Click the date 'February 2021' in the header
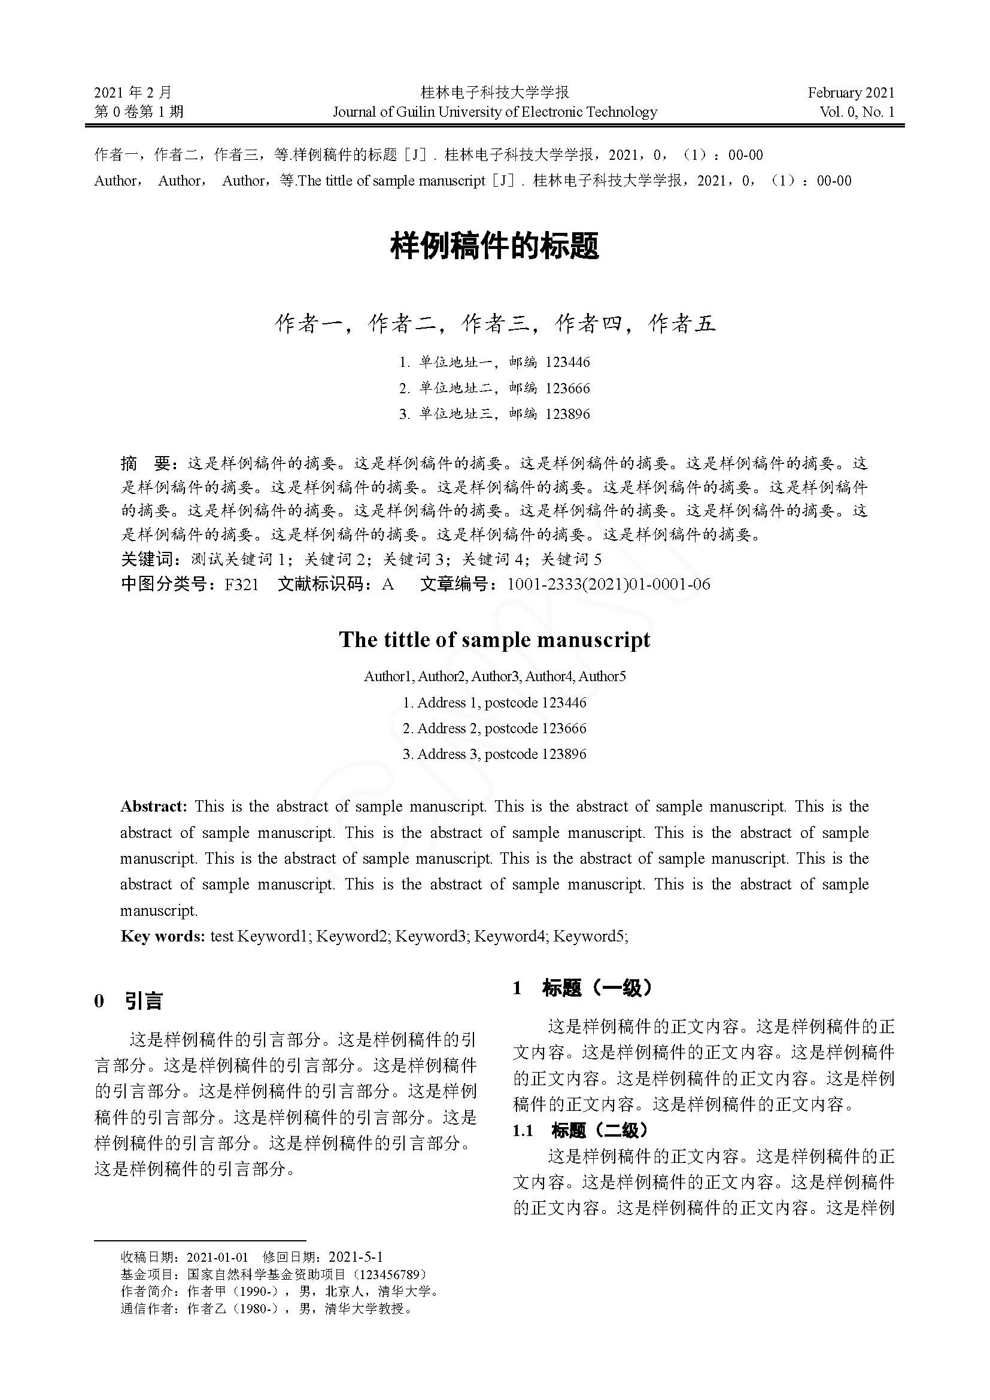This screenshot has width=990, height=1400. [851, 93]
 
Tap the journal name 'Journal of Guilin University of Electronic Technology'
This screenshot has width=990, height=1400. [495, 111]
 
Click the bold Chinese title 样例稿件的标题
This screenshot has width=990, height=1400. [494, 247]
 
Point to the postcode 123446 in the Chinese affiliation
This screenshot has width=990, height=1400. [567, 362]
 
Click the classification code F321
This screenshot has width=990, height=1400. [241, 584]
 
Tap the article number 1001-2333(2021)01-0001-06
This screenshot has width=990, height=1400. [608, 584]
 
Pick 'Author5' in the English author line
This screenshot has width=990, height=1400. [602, 676]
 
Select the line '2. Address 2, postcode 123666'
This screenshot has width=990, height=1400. [494, 728]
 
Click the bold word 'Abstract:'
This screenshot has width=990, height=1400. [154, 806]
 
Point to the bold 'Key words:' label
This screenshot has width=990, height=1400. [163, 936]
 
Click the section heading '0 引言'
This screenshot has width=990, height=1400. [129, 1001]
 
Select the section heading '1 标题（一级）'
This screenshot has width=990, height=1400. [582, 988]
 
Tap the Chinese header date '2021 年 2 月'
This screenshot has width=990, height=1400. [133, 93]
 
